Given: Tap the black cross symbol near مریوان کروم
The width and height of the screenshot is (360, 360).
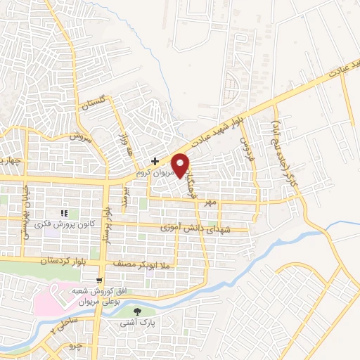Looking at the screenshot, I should (x=155, y=160).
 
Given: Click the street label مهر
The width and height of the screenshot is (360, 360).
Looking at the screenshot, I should (x=209, y=202).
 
